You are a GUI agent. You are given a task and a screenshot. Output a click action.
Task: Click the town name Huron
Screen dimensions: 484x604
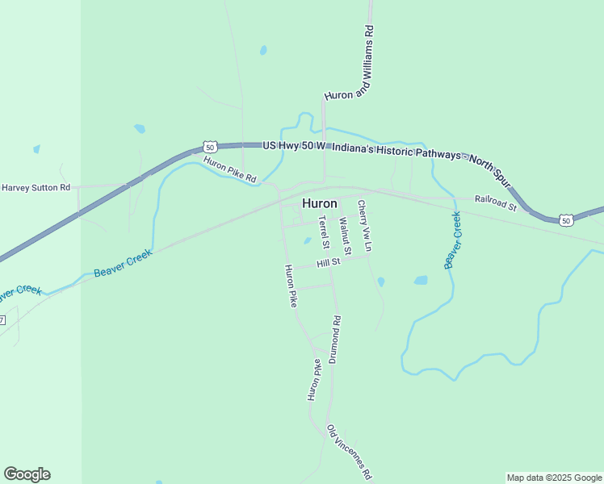[x=319, y=203]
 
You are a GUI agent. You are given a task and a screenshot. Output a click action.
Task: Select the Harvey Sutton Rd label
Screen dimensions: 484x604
[x=36, y=187]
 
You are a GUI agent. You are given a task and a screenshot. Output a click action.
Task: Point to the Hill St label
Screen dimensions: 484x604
[x=329, y=263]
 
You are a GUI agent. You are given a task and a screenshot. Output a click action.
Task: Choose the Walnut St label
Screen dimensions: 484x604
[x=345, y=232]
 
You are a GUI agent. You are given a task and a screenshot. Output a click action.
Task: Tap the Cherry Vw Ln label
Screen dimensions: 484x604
[x=364, y=227]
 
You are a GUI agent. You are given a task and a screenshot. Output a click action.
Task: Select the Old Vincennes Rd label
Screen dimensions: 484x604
[x=349, y=451]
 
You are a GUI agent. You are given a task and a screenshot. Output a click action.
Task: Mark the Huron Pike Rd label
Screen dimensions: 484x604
[x=229, y=169]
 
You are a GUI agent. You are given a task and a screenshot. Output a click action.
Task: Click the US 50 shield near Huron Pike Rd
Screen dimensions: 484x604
[x=210, y=147]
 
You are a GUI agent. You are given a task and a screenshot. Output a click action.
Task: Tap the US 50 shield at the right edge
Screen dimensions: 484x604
[x=566, y=219]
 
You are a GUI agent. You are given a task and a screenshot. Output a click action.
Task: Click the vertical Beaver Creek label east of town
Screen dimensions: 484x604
[x=452, y=240]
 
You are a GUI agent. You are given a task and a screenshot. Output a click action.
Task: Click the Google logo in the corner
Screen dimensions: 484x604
[x=27, y=474]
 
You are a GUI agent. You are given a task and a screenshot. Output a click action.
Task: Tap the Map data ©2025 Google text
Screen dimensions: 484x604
[x=554, y=478]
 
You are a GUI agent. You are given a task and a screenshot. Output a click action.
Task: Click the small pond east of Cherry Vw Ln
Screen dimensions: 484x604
[x=421, y=281]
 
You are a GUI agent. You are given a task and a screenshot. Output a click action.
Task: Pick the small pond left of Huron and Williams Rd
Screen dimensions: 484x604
[x=263, y=50]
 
